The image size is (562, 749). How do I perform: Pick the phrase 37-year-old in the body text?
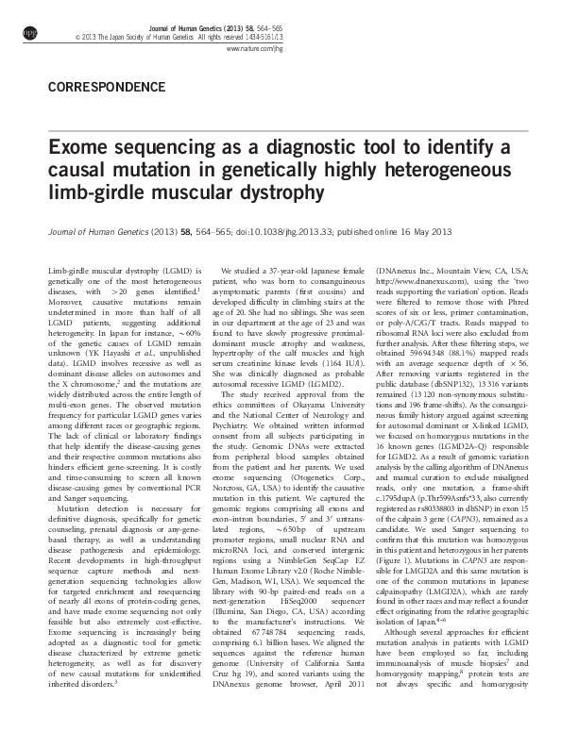tap(285, 270)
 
